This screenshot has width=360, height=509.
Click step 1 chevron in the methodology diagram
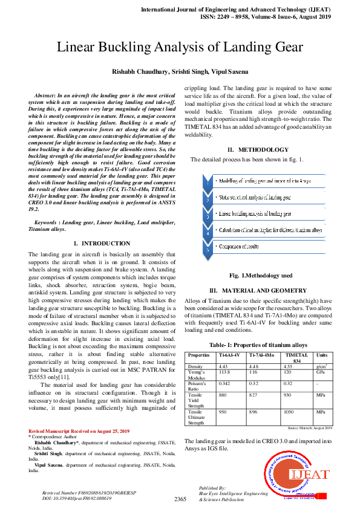pyautogui.click(x=208, y=181)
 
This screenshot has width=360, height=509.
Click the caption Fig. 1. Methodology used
pyautogui.click(x=257, y=276)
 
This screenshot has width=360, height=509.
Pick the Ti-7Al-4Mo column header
pyautogui.click(x=261, y=355)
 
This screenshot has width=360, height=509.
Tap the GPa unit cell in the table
pyautogui.click(x=321, y=374)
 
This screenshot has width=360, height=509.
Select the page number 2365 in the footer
pyautogui.click(x=180, y=499)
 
